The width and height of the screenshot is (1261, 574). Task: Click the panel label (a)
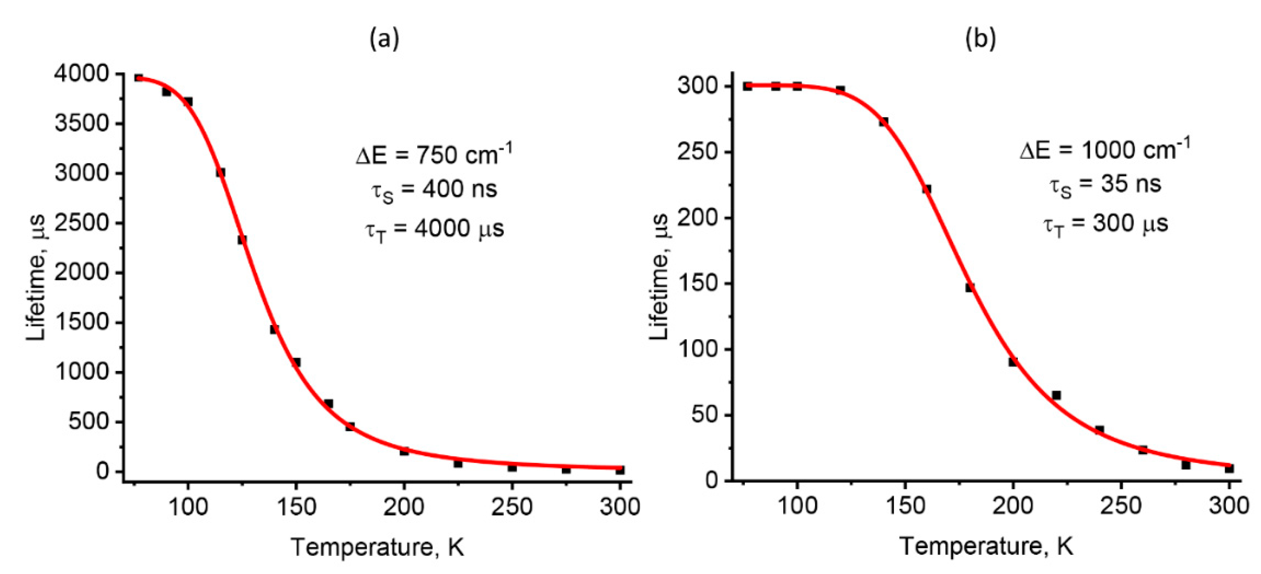pyautogui.click(x=384, y=39)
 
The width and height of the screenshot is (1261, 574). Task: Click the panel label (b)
pyautogui.click(x=980, y=39)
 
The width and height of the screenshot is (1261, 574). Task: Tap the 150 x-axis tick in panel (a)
pyautogui.click(x=296, y=507)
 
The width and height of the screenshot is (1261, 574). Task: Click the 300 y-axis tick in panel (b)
pyautogui.click(x=697, y=86)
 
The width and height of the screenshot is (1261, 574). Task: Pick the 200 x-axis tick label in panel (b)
pyautogui.click(x=1012, y=505)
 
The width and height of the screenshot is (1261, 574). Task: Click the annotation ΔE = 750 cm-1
pyautogui.click(x=434, y=154)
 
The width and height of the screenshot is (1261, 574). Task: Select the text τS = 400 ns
pyautogui.click(x=434, y=190)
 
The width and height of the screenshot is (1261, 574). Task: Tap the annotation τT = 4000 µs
pyautogui.click(x=434, y=229)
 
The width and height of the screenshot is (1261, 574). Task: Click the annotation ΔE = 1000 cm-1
pyautogui.click(x=1105, y=149)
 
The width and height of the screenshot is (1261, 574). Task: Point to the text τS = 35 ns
pyautogui.click(x=1105, y=186)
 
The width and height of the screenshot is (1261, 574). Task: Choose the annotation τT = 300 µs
pyautogui.click(x=1105, y=224)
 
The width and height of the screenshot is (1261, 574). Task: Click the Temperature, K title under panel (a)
pyautogui.click(x=377, y=547)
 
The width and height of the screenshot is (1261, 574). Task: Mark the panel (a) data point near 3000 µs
pyautogui.click(x=221, y=172)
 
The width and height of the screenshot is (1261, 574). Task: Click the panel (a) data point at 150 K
pyautogui.click(x=296, y=362)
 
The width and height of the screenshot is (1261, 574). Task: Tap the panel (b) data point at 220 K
pyautogui.click(x=1056, y=395)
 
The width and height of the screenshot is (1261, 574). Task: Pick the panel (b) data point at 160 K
pyautogui.click(x=926, y=189)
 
